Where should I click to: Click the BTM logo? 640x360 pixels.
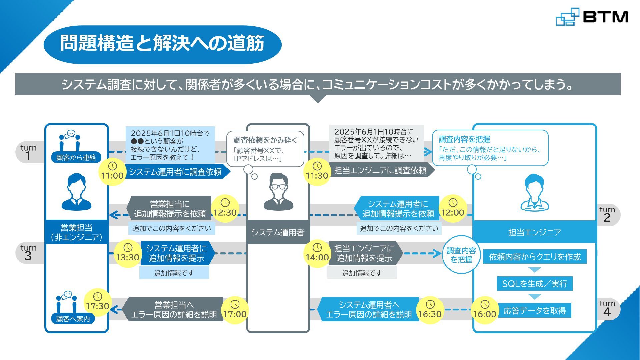point(592,17)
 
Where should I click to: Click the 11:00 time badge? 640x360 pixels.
point(112,172)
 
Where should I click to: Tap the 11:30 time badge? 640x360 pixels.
point(317,172)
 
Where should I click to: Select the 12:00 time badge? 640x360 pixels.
point(452,209)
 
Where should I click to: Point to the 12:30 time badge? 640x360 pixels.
point(225,209)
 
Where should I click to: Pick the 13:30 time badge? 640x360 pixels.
point(128,253)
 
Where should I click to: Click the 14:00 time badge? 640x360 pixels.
point(317,253)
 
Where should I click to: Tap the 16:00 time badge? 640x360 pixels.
point(485,310)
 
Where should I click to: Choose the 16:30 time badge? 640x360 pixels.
point(430,310)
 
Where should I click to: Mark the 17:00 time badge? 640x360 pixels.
point(235,310)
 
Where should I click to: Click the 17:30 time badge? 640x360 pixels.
point(97,302)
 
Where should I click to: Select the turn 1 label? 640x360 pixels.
point(28,152)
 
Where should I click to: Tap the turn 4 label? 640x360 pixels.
point(607,309)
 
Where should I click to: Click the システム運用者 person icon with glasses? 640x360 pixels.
point(278,192)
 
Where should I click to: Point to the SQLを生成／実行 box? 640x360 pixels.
point(534,284)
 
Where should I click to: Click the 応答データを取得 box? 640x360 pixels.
point(534,311)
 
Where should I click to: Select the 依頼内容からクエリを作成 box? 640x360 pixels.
point(534,257)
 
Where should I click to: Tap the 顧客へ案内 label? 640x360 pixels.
point(73,319)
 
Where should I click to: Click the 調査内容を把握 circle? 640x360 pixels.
point(461,255)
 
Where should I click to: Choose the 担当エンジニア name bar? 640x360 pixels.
point(534,232)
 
